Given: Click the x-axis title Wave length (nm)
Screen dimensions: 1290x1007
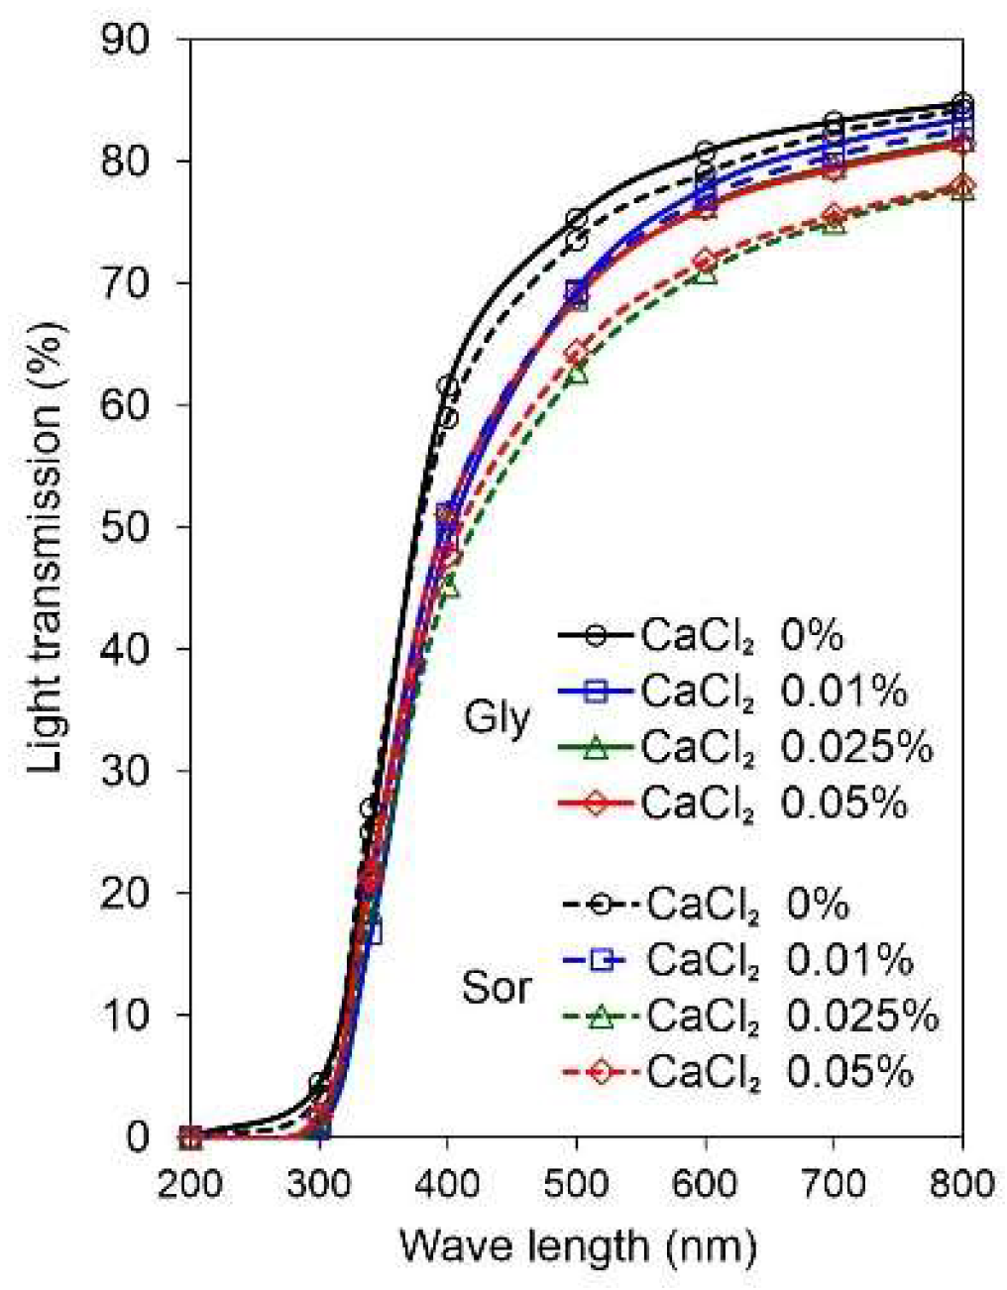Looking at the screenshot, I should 578,1244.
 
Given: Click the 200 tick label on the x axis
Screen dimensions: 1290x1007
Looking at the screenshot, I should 190,1184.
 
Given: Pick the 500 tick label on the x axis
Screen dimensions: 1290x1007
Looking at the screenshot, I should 577,1184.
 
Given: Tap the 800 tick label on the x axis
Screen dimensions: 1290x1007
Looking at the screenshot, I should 961,1184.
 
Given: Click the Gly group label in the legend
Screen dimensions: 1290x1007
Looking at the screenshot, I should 498,718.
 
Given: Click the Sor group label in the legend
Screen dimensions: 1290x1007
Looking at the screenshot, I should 498,987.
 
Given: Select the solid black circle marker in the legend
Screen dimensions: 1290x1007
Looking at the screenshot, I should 595,636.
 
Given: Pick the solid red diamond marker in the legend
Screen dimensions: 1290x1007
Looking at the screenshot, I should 595,804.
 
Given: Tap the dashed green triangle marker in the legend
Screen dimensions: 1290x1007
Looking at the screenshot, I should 599,1016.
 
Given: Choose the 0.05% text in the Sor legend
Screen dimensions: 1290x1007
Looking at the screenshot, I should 849,1072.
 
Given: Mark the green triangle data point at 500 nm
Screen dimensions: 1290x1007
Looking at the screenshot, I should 577,374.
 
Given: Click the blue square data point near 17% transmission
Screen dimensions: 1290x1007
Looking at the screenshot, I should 371,933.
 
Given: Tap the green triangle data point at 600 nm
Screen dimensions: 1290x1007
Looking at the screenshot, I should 705,272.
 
